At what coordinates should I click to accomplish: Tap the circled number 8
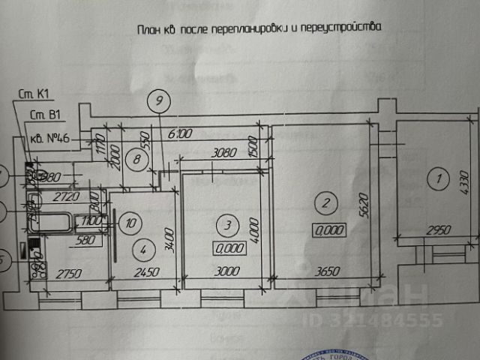135,158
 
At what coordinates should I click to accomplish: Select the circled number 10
130,222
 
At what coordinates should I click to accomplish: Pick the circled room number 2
325,201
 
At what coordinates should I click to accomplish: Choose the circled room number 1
434,178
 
